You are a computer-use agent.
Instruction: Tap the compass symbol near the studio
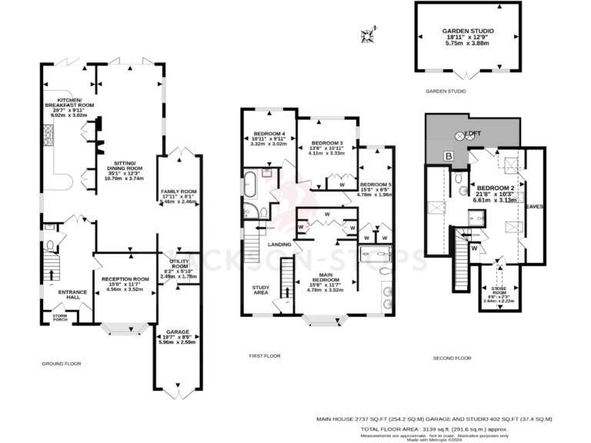369,33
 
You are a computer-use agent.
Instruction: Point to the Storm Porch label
59,317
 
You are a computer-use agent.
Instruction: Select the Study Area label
260,290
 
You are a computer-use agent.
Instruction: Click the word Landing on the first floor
279,245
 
